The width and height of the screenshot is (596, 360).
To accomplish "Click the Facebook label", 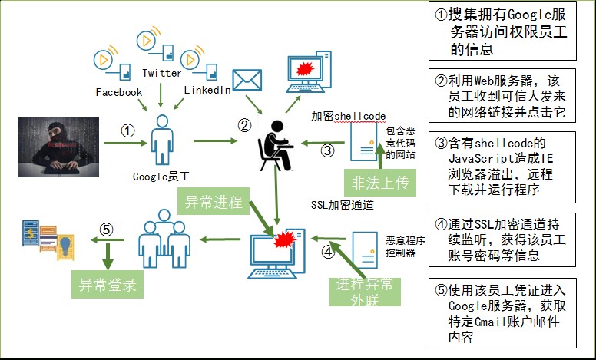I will tap(119, 92).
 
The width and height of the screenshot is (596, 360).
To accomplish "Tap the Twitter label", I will tap(162, 74).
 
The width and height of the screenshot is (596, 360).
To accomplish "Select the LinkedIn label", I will tap(207, 91).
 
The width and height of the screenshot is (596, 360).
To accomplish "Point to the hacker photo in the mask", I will tap(58, 144).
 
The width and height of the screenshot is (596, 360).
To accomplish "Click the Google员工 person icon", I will tap(161, 139).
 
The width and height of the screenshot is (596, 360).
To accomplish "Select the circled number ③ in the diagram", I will tap(327, 150).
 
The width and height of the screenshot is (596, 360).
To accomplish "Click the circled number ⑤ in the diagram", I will tap(107, 229).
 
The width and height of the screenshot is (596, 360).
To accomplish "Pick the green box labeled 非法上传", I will tap(377, 182).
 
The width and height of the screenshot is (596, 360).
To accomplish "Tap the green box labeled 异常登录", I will tap(108, 286).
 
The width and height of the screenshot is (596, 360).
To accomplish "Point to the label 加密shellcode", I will tap(347, 115).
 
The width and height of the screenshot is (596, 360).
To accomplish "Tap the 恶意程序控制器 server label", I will tap(400, 246).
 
